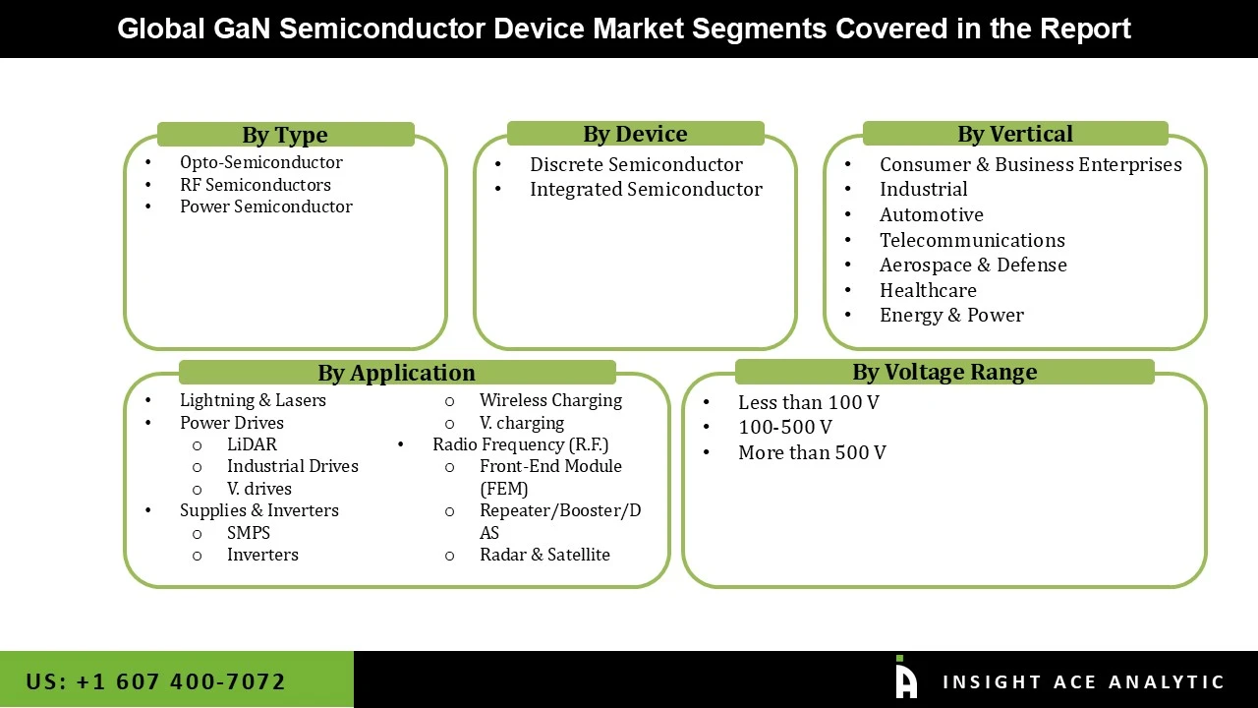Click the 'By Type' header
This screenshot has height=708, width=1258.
coord(285,135)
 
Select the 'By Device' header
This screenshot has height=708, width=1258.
coord(635,134)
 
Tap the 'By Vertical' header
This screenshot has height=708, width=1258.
coord(1015,134)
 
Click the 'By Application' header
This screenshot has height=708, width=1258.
coord(396,373)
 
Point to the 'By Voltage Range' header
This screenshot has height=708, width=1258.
coord(944,372)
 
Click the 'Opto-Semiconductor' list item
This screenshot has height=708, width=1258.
coord(260,162)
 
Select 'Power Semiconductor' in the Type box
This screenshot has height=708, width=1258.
coord(265,206)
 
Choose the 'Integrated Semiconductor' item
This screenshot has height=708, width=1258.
coord(646,189)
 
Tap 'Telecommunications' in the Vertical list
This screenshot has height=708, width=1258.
coord(972,240)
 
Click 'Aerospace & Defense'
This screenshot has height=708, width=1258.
coord(973,265)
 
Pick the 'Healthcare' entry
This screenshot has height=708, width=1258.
coord(928,290)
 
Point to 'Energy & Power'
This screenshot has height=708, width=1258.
coord(951,315)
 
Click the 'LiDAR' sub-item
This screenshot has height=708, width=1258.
coord(252,444)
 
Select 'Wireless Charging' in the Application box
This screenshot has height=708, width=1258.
coord(550,400)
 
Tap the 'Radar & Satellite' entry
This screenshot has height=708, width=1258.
coord(544,555)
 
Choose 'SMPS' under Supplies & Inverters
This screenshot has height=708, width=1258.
coord(249,533)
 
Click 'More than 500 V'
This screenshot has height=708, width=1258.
coord(812,452)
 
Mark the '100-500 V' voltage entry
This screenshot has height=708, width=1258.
coord(784,427)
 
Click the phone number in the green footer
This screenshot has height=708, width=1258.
coord(156,681)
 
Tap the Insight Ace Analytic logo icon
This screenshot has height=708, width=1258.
coord(905,678)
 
